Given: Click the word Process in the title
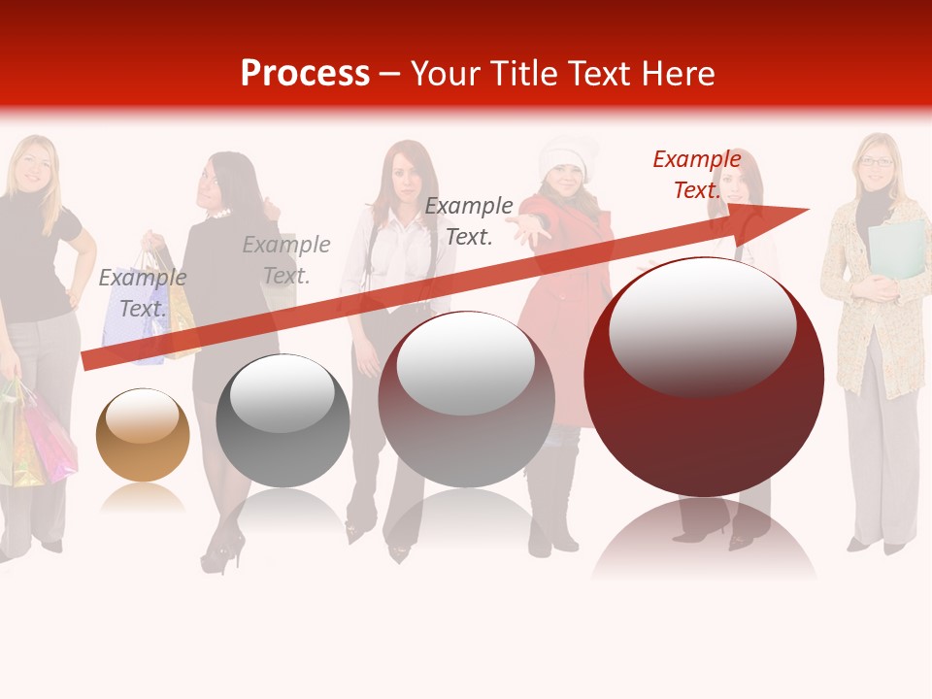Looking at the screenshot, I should (305, 74).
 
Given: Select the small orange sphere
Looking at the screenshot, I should (143, 435).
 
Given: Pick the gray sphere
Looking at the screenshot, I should (283, 421).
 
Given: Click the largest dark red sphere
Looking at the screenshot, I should (704, 377).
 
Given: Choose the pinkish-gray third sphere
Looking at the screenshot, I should (466, 399).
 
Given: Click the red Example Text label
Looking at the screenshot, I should (696, 175).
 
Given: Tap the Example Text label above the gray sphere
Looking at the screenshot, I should (285, 260).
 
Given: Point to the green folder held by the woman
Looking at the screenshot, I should (898, 248).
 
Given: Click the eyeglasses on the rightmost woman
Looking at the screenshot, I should (877, 162).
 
